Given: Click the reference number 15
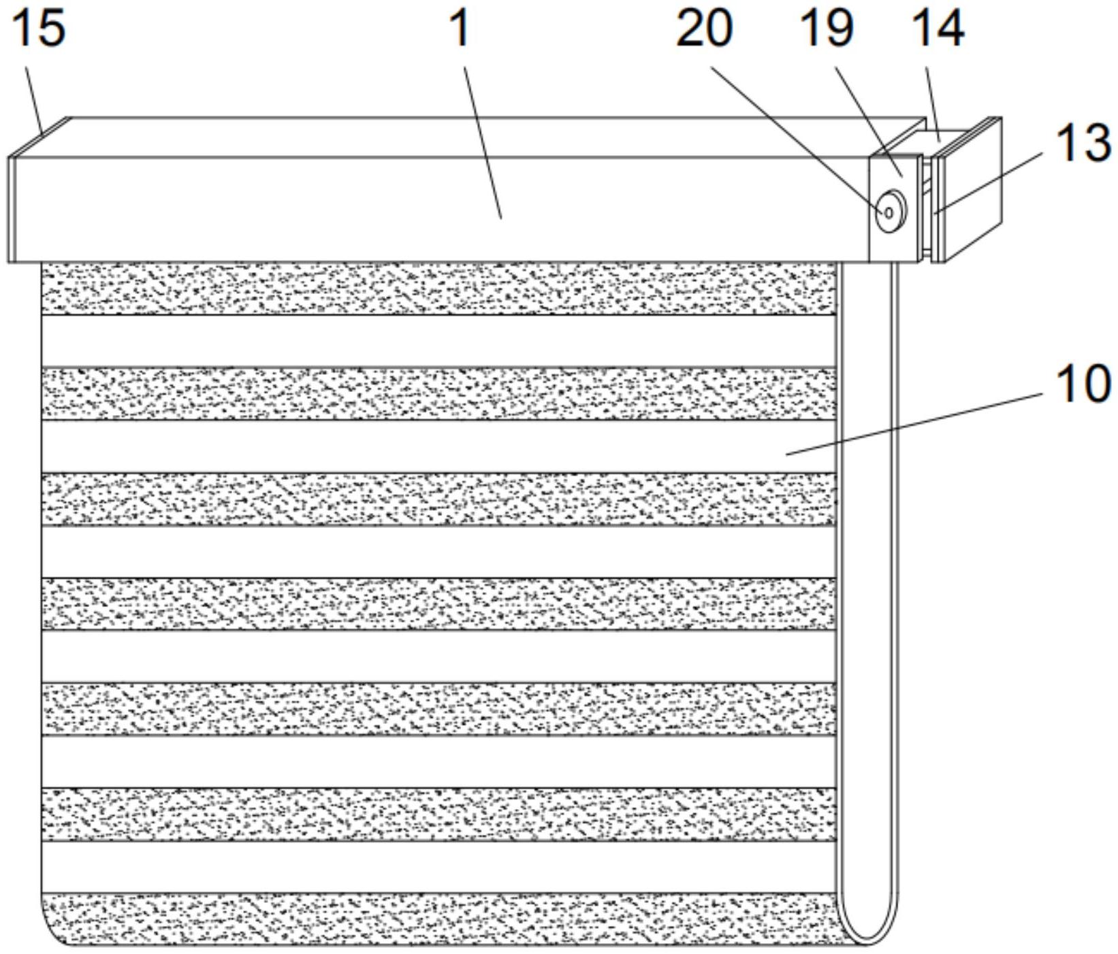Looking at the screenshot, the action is click(39, 28).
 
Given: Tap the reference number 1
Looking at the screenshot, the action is click(461, 29).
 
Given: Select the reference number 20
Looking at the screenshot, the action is click(704, 29).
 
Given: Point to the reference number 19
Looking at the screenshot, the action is click(827, 29).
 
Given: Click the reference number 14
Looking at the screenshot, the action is click(938, 29).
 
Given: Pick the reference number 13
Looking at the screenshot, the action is click(1083, 144).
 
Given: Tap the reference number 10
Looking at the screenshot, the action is click(1083, 383).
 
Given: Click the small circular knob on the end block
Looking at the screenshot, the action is click(890, 213).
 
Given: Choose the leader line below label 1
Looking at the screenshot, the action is click(483, 143).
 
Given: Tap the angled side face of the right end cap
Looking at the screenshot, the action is click(970, 191).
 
